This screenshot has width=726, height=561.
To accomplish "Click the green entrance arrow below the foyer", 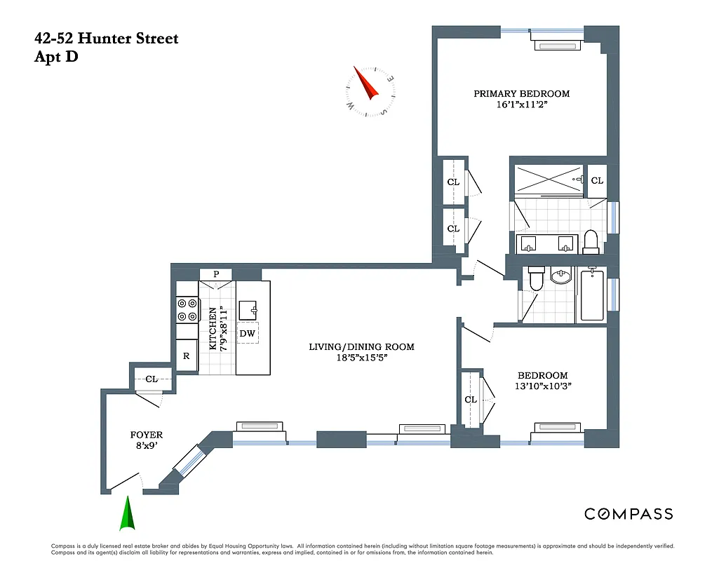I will click(128, 514).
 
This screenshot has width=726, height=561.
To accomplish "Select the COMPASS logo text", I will click(628, 514).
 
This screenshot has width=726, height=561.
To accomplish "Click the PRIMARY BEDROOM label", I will click(521, 93).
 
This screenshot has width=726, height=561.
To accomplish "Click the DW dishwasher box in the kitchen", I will click(247, 333).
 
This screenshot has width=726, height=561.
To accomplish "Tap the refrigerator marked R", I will click(186, 356).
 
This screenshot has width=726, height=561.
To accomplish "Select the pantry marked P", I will click(216, 273).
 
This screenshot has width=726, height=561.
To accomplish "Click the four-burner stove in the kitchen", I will click(187, 310).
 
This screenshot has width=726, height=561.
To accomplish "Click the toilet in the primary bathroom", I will click(590, 241).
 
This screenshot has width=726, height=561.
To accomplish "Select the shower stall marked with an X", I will click(549, 180).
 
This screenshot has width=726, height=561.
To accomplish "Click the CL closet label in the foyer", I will click(152, 379).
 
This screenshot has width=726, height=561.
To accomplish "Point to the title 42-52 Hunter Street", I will click(106, 39).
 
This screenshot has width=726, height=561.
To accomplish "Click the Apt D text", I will click(56, 57).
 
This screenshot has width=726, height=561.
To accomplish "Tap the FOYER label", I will click(147, 435).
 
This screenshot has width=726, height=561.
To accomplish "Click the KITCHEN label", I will click(213, 328).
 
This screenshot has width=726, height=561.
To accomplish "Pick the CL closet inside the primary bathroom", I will click(597, 180).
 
